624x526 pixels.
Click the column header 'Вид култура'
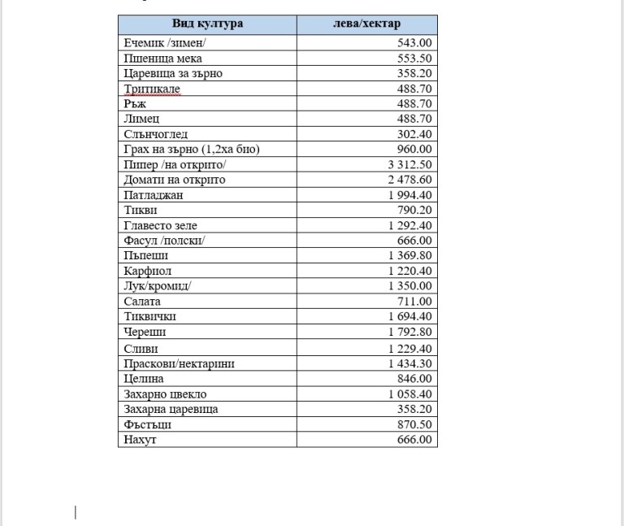point(207,24)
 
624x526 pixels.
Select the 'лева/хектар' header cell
point(366,24)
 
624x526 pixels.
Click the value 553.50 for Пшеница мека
point(414,59)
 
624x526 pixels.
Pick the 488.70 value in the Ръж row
point(414,104)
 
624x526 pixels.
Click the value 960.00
point(414,150)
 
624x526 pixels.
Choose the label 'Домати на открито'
point(175,180)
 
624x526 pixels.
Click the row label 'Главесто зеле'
point(161,225)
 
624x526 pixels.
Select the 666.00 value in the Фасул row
point(414,241)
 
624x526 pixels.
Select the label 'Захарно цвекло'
point(165,394)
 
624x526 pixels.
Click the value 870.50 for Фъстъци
point(414,424)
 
